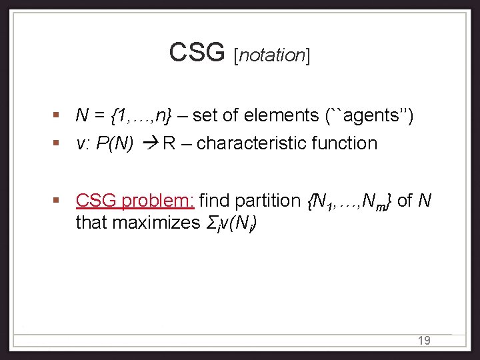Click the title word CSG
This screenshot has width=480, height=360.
(x=197, y=52)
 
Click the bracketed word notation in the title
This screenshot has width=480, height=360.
(x=272, y=55)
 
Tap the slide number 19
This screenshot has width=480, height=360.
(x=423, y=341)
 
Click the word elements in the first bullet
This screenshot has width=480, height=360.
(x=283, y=115)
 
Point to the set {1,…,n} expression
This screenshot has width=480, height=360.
(x=141, y=116)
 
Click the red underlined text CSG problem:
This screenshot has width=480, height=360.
(x=135, y=200)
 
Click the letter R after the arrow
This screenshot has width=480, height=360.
(x=168, y=143)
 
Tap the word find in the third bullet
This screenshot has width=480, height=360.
(x=213, y=200)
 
